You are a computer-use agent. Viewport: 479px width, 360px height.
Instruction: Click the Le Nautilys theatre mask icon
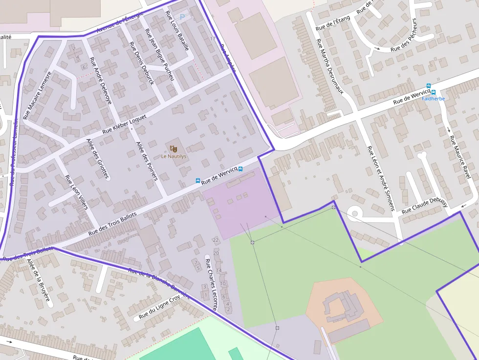(x=174, y=148)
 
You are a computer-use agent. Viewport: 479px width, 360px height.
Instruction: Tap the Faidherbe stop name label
(x=433, y=99)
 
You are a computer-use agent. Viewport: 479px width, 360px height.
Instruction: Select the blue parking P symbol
(x=182, y=17)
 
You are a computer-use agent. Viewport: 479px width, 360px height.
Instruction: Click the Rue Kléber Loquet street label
(x=125, y=125)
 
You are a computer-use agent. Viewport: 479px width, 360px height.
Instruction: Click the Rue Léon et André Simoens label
(x=381, y=178)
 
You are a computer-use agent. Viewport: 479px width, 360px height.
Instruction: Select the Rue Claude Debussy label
(x=425, y=207)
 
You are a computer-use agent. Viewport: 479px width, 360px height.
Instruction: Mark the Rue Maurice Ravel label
(x=459, y=157)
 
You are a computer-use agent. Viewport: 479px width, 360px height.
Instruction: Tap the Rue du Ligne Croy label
(x=159, y=307)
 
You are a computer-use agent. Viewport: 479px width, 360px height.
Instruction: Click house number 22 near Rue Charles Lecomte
(x=216, y=240)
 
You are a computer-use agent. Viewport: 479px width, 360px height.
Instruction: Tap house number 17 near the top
(x=212, y=39)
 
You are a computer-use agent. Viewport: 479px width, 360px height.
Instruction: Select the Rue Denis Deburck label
(x=142, y=63)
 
